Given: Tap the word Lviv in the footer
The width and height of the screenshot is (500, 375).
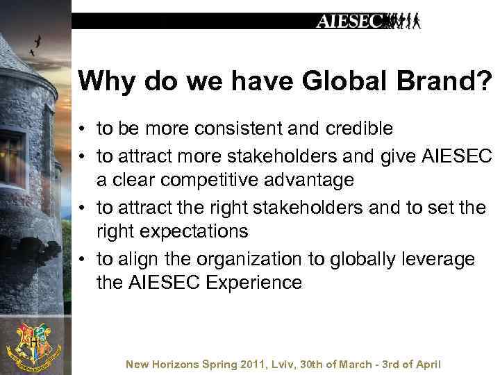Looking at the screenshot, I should [x=281, y=365].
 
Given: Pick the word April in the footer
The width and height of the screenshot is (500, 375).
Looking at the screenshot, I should [x=428, y=365].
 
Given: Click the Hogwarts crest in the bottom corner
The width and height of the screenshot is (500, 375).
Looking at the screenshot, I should [x=33, y=344].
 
